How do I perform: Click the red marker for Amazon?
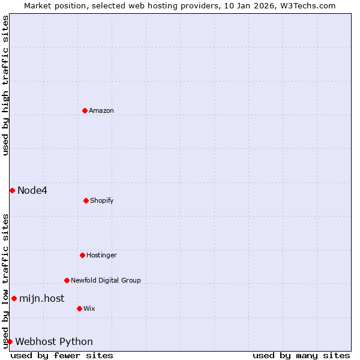pyautogui.click(x=85, y=110)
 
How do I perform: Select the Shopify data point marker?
pyautogui.click(x=86, y=200)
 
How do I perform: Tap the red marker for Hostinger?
pyautogui.click(x=82, y=255)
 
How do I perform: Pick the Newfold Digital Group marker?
pyautogui.click(x=67, y=280)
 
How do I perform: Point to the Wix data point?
pyautogui.click(x=79, y=308)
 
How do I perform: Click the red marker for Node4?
pyautogui.click(x=12, y=190)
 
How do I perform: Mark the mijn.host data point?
pyautogui.click(x=14, y=298)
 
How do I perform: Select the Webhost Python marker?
pyautogui.click(x=10, y=341)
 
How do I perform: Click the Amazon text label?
pyautogui.click(x=101, y=110)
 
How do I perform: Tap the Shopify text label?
pyautogui.click(x=102, y=200)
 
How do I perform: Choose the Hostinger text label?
pyautogui.click(x=101, y=255)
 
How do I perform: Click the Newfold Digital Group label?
pyautogui.click(x=106, y=280)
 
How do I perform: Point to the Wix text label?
pyautogui.click(x=89, y=308)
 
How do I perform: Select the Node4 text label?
pyautogui.click(x=32, y=191)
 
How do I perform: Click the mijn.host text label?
pyautogui.click(x=41, y=298)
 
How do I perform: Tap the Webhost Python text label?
pyautogui.click(x=54, y=342)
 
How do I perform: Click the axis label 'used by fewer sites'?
pyautogui.click(x=62, y=355)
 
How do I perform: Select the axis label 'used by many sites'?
pyautogui.click(x=301, y=355)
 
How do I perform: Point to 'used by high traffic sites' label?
pyautogui.click(x=5, y=85)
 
